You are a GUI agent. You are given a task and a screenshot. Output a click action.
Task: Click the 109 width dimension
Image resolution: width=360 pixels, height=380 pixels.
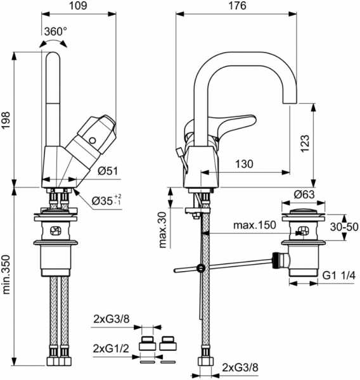(x=78, y=5)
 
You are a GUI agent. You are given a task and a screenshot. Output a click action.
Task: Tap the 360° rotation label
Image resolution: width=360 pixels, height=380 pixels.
(x=56, y=32)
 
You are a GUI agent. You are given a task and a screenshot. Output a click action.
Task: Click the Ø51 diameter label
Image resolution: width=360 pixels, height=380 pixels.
(x=108, y=171)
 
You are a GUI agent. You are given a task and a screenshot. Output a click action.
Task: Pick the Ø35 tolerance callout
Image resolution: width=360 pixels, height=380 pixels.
(x=106, y=200)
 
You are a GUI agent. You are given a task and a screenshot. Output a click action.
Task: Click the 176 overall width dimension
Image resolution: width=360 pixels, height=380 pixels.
(x=237, y=5)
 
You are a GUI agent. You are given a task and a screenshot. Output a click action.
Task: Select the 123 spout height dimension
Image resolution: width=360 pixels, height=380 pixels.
(x=305, y=143)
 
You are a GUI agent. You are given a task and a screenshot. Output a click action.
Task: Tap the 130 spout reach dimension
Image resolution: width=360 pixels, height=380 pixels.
(x=244, y=164)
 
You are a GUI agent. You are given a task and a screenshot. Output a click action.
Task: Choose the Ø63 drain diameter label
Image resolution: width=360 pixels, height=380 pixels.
(x=304, y=194)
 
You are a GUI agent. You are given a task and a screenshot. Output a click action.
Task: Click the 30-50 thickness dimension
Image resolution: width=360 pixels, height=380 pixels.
(x=344, y=227)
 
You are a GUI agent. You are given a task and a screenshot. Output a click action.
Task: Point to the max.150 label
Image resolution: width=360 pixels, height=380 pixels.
(x=255, y=225)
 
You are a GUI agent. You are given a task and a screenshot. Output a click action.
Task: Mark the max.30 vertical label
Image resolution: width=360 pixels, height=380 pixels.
(x=163, y=230)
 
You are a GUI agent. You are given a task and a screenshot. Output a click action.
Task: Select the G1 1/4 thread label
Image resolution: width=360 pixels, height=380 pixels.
(x=338, y=275)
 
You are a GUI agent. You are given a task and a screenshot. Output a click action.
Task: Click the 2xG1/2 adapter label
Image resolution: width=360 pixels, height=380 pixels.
(x=111, y=348)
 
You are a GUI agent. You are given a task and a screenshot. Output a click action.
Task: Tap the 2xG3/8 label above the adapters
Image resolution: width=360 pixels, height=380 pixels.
(x=112, y=319)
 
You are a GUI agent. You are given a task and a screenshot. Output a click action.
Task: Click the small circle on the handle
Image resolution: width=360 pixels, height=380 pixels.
(x=93, y=141)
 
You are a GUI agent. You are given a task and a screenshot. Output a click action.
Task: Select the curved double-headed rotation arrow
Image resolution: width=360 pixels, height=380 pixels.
(x=53, y=42)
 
